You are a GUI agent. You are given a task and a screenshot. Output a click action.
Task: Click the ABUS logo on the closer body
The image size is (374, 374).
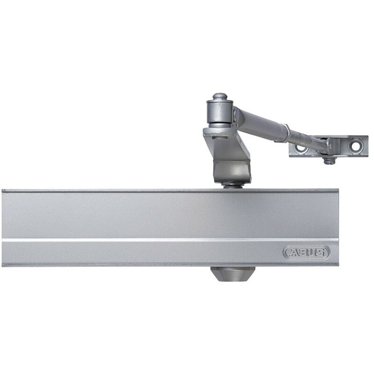307,252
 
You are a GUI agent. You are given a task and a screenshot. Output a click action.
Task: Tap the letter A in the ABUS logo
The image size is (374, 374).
292,252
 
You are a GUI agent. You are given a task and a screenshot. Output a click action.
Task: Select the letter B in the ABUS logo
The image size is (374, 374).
302,252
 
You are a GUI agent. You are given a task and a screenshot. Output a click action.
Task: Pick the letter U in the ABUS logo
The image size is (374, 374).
310,252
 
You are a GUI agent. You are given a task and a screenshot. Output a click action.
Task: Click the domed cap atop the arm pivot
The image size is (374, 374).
220,97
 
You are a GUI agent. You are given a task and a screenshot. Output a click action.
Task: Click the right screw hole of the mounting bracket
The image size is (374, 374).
356,146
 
